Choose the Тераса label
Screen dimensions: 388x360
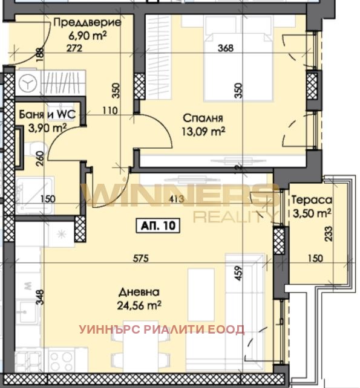310,200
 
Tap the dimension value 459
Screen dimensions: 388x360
238,275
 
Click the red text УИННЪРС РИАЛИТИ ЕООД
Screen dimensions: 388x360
162,329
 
